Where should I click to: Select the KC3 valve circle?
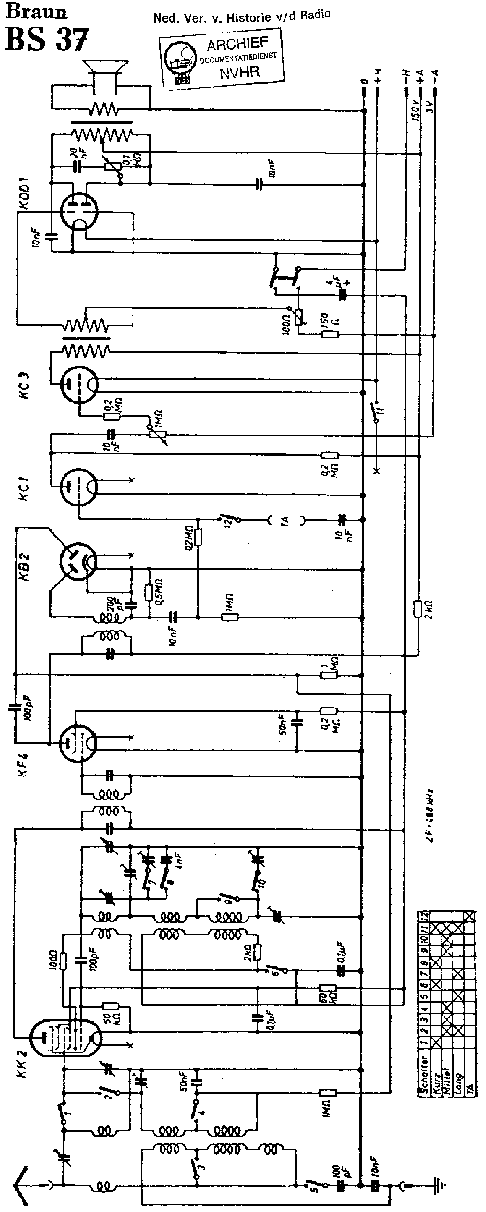click(x=79, y=384)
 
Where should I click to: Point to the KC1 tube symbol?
click(x=79, y=486)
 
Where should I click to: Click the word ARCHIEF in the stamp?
click(x=237, y=45)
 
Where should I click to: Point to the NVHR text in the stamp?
click(x=239, y=72)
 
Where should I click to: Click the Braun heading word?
click(x=36, y=11)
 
